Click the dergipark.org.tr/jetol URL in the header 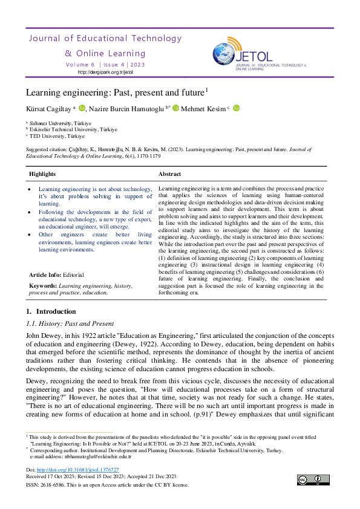105,72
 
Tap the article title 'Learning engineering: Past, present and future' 115,93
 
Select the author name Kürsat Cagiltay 48,109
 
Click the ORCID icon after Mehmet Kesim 236,108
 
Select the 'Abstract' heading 170,174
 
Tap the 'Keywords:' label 43,285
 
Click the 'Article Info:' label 44,274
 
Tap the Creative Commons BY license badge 313,480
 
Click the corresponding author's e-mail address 89,456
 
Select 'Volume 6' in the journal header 80,63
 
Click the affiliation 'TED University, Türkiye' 55,135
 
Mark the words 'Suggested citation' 46,148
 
